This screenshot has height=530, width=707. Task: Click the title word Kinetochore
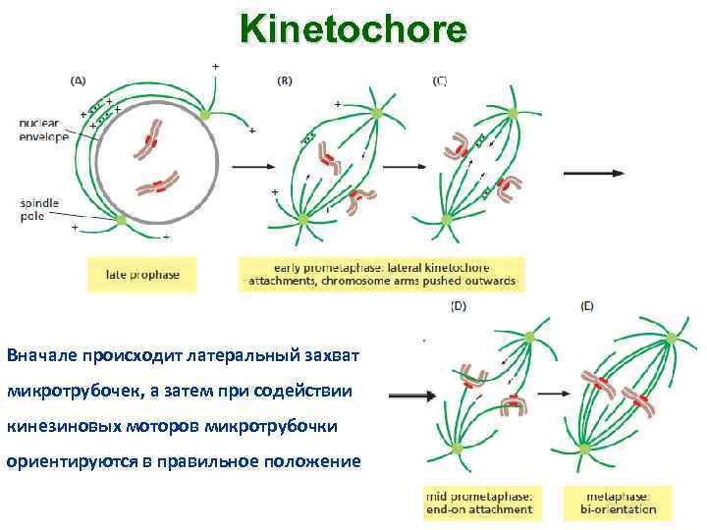tap(353, 30)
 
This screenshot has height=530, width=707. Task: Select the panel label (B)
tap(286, 81)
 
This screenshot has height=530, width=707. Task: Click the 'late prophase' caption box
tap(142, 275)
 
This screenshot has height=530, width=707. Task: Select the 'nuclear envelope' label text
tap(43, 130)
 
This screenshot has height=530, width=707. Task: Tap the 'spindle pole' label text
tap(39, 209)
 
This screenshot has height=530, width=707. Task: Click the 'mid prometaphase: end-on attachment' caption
tap(479, 503)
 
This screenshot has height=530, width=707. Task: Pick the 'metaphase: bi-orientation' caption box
tap(618, 503)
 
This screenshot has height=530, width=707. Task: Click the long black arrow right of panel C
tap(593, 173)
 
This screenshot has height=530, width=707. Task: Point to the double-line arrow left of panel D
tap(412, 397)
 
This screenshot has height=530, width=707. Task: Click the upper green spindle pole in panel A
tap(204, 115)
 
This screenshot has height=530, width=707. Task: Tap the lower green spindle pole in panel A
tap(122, 221)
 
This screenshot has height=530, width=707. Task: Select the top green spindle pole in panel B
tap(377, 114)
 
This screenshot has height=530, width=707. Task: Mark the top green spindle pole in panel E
tap(671, 338)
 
